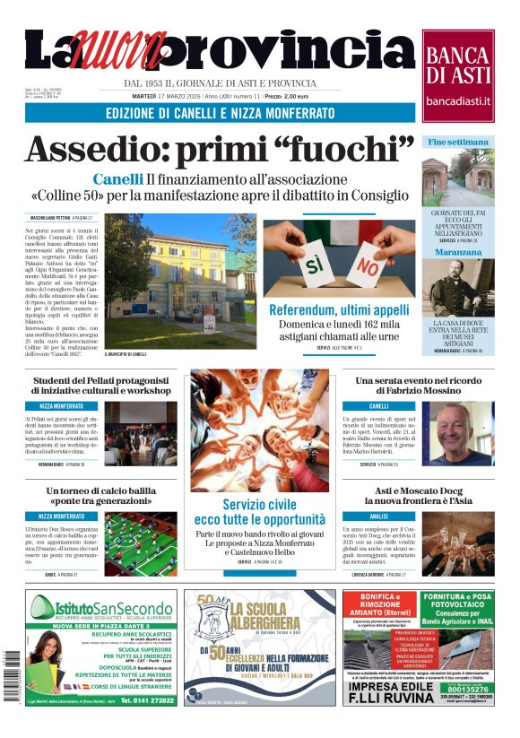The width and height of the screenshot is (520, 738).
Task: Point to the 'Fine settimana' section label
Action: click(458, 142)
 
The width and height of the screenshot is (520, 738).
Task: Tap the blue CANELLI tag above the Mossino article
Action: click(379, 406)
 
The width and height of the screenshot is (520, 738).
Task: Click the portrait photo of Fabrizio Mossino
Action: click(470, 433)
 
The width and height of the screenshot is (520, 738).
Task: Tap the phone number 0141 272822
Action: click(147, 700)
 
